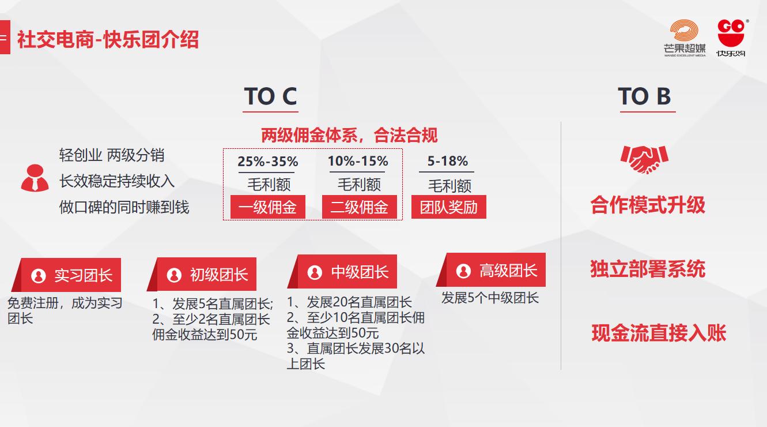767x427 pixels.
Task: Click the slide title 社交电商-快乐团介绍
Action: click(x=108, y=40)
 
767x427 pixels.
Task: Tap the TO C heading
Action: click(x=270, y=96)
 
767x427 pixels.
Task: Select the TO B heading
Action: click(x=644, y=96)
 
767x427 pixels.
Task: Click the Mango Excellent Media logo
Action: click(x=685, y=38)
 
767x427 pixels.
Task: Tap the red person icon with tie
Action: click(x=35, y=178)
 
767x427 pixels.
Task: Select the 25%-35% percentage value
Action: click(x=267, y=162)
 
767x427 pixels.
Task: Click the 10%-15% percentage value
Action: click(x=358, y=162)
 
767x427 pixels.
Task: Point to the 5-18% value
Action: click(x=447, y=162)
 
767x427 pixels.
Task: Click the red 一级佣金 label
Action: click(x=267, y=207)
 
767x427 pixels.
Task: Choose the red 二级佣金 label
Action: click(x=359, y=207)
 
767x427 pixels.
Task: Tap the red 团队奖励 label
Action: click(x=448, y=207)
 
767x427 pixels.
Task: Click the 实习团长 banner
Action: click(x=68, y=275)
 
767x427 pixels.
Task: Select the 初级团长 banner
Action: click(x=204, y=275)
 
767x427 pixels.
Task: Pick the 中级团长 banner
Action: click(x=345, y=272)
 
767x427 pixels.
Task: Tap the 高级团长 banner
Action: click(x=493, y=270)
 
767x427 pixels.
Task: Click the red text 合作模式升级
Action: click(x=647, y=205)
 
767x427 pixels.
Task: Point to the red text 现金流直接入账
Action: click(x=659, y=334)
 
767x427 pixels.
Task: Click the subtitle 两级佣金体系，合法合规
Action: click(x=349, y=136)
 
